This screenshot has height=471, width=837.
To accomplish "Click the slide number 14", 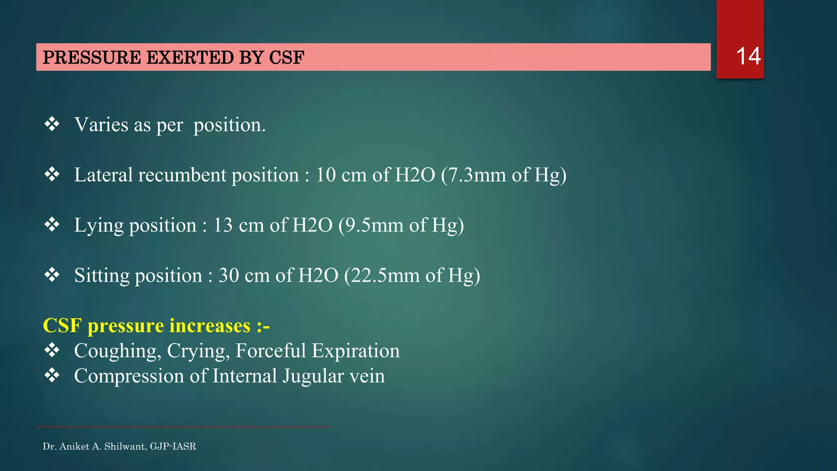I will (x=748, y=56).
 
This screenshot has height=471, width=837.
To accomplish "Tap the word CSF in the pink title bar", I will (x=286, y=58).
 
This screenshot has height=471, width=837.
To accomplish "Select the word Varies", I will (x=101, y=125).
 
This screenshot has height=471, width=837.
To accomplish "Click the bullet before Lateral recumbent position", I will (x=52, y=175).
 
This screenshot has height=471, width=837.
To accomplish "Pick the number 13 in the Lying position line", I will (x=223, y=225).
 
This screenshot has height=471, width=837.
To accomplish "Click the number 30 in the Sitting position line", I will (x=228, y=276).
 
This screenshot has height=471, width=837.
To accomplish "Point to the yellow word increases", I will (x=210, y=326).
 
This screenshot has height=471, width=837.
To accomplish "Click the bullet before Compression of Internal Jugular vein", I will (x=52, y=375).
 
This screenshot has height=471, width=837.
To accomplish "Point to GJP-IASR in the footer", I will (x=173, y=446).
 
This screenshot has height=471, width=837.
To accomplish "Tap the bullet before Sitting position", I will (x=52, y=275).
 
